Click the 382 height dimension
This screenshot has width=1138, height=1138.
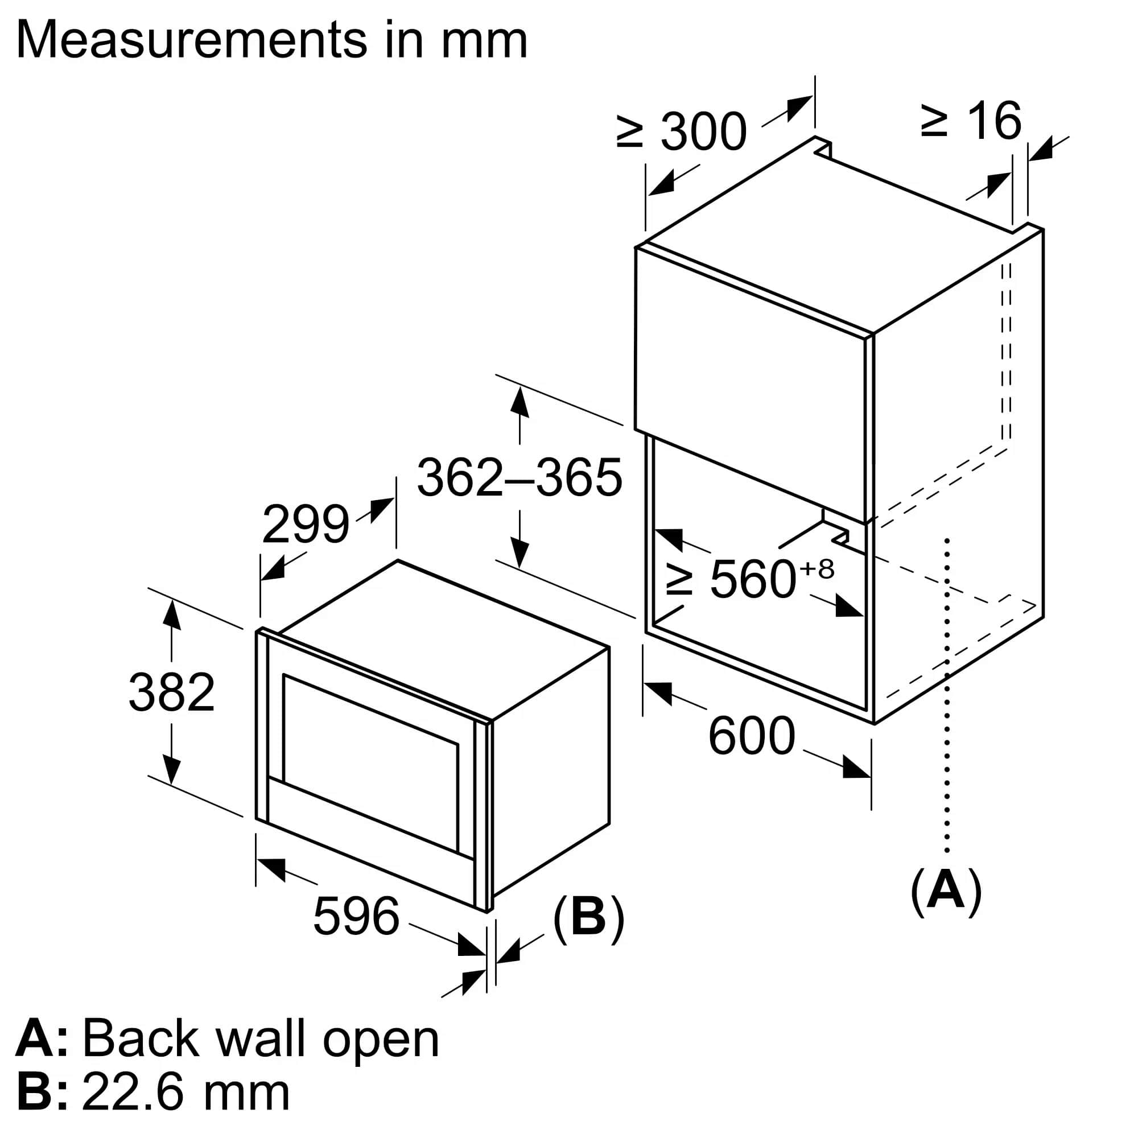(171, 692)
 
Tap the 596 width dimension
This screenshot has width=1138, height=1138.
(356, 916)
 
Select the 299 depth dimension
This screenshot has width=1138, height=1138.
(305, 525)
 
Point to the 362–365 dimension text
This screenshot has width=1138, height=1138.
(519, 478)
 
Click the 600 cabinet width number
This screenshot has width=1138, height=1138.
(752, 736)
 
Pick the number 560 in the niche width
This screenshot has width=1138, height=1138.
(753, 580)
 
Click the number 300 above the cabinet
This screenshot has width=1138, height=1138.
(703, 131)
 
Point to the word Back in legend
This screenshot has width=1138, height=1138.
(141, 1039)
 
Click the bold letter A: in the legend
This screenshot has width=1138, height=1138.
(41, 1039)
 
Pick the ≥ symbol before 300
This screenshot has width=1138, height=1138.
(629, 131)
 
